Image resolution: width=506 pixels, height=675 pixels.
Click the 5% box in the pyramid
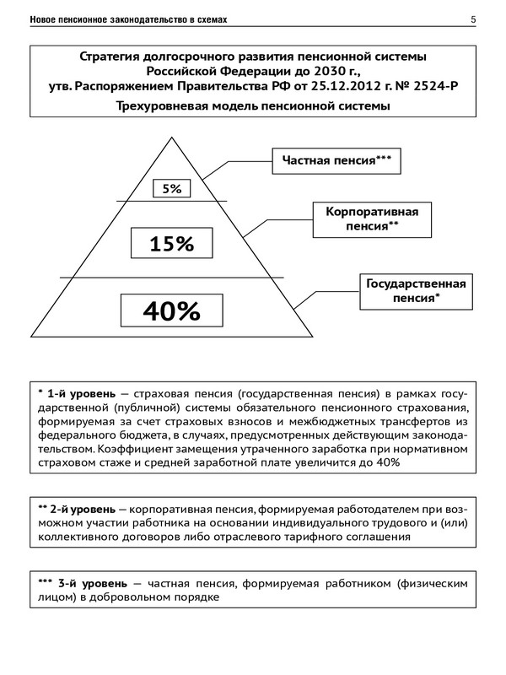172,188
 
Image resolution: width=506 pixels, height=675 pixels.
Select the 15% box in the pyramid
172,244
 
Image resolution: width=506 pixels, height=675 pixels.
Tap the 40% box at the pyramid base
172,310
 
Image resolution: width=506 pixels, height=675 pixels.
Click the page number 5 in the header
473,19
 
